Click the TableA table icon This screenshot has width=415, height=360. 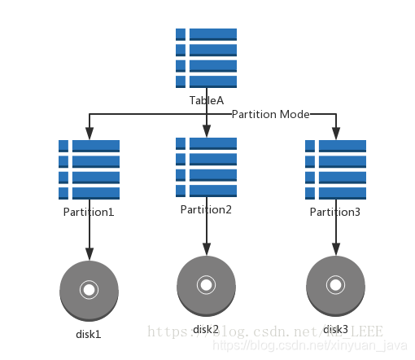206,58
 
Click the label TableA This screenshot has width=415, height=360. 207,100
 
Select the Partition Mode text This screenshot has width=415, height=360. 270,115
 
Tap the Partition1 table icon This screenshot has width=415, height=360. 89,169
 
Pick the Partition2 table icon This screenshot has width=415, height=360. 206,167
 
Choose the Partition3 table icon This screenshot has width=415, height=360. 335,169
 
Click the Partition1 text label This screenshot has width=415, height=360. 89,212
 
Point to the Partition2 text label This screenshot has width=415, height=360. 206,209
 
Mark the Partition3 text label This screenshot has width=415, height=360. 335,212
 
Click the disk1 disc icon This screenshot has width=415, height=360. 89,291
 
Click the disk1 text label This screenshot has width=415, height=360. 89,333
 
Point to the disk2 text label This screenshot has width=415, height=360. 206,329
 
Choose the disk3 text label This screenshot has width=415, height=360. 335,329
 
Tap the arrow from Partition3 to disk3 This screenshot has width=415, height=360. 335,236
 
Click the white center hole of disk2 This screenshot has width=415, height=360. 206,284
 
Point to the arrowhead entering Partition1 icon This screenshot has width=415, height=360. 89,134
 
